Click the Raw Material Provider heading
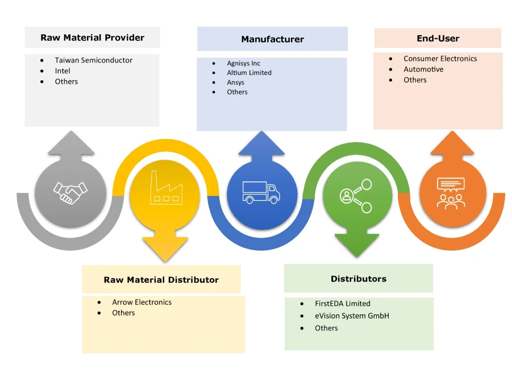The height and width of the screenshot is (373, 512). pyautogui.click(x=92, y=38)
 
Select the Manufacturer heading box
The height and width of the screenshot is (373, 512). pyautogui.click(x=272, y=39)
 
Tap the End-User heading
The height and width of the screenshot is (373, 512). pyautogui.click(x=438, y=39)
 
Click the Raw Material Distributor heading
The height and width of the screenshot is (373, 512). pyautogui.click(x=161, y=280)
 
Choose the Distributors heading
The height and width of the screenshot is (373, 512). pyautogui.click(x=358, y=279)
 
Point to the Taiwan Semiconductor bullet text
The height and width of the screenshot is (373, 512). pyautogui.click(x=93, y=60)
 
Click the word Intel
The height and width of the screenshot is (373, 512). pyautogui.click(x=63, y=71)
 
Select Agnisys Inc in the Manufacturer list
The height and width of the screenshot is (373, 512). pyautogui.click(x=243, y=64)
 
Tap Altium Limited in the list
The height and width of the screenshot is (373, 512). pyautogui.click(x=249, y=73)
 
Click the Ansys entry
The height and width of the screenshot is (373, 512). pyautogui.click(x=235, y=82)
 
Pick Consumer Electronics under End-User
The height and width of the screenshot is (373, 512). pyautogui.click(x=440, y=59)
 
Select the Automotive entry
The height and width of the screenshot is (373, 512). pyautogui.click(x=423, y=69)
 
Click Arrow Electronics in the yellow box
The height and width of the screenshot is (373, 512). pyautogui.click(x=141, y=302)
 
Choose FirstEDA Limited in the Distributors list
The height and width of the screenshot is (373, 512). pyautogui.click(x=342, y=304)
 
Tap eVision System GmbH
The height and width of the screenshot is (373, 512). pyautogui.click(x=352, y=316)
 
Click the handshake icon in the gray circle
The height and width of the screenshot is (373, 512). pyautogui.click(x=70, y=193)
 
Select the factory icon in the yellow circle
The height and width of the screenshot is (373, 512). pyautogui.click(x=165, y=188)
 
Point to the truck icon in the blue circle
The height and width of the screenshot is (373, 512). pyautogui.click(x=261, y=192)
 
